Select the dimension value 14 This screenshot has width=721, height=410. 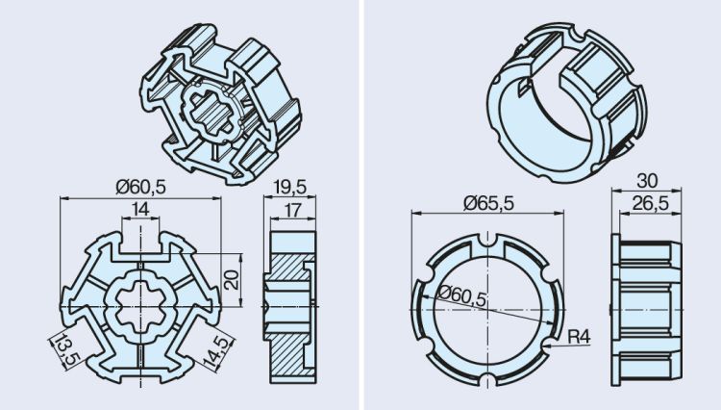[x=140, y=208]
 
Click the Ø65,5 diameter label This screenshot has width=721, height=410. [x=487, y=202]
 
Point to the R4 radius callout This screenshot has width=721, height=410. [x=580, y=337]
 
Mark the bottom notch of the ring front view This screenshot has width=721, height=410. [x=487, y=376]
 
